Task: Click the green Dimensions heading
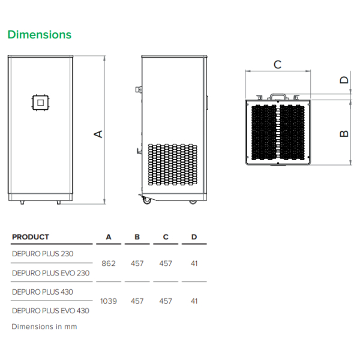click(40, 35)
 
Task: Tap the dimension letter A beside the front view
click(98, 134)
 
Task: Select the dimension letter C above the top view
click(278, 65)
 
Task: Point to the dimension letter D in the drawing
click(344, 80)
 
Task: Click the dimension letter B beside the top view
click(344, 134)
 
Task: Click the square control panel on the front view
click(40, 103)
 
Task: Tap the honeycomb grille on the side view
click(172, 164)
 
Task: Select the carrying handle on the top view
click(278, 97)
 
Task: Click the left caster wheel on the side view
click(146, 201)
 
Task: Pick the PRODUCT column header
click(31, 237)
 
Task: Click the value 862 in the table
click(109, 263)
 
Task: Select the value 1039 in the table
click(109, 301)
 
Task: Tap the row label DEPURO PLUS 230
click(43, 254)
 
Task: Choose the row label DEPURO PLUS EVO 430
click(50, 311)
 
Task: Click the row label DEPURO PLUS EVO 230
click(51, 273)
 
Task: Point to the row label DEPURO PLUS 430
click(43, 292)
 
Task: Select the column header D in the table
click(194, 237)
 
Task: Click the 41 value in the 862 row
click(194, 263)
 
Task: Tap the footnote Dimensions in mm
click(44, 326)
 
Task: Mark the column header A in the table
click(109, 237)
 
